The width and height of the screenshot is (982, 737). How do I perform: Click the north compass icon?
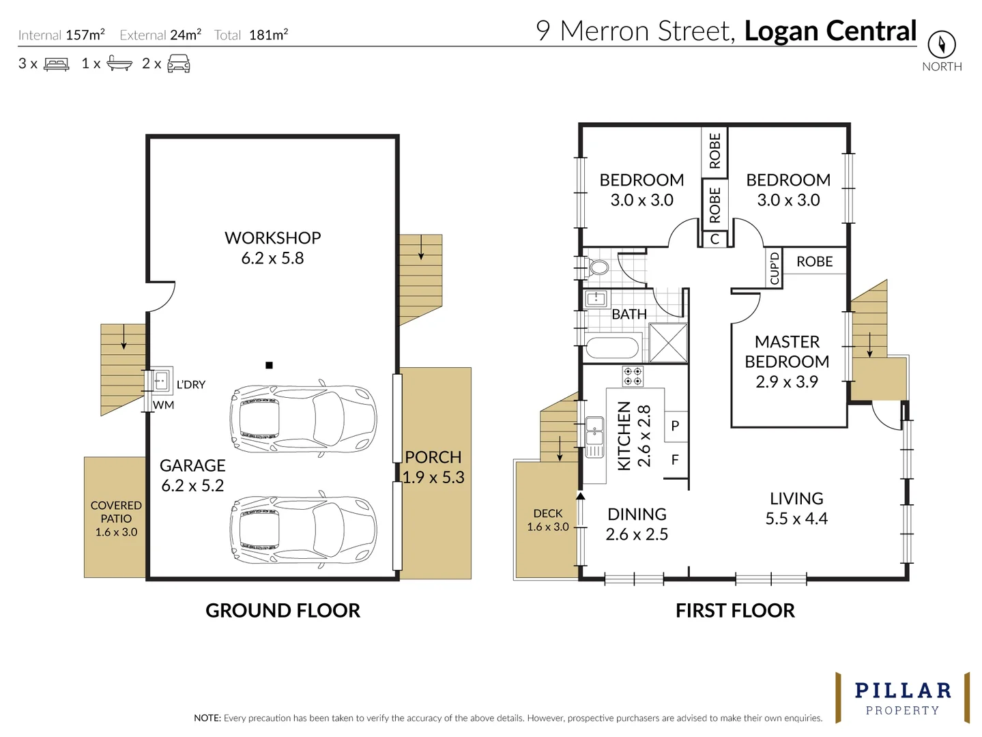[941, 44]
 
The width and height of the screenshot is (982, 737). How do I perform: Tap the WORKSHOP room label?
[272, 238]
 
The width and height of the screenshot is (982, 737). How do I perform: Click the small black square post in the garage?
[269, 365]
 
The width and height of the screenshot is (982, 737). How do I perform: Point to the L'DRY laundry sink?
[160, 380]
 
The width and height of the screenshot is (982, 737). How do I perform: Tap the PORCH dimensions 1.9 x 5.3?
[433, 478]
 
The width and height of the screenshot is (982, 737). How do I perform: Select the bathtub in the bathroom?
[612, 347]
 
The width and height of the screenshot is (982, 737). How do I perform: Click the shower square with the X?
[667, 343]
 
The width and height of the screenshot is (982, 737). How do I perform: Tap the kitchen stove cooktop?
[633, 376]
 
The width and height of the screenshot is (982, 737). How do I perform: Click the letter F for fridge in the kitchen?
[675, 460]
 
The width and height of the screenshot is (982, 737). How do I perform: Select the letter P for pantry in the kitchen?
[675, 426]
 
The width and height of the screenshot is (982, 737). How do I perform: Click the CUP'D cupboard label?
[774, 268]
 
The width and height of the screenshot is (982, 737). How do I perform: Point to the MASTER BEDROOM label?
[787, 351]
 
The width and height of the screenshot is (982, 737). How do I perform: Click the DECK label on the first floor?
[548, 513]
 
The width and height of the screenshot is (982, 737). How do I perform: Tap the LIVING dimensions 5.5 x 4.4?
[796, 519]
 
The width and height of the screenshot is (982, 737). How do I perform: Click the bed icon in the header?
[57, 64]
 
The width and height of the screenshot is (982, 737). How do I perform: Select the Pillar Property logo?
[902, 697]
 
